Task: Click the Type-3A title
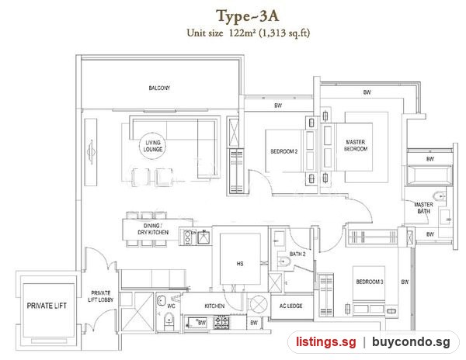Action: tap(247, 16)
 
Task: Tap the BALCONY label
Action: tap(159, 88)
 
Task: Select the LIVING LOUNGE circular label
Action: tap(153, 146)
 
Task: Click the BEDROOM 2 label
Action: tap(283, 151)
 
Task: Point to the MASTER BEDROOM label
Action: tap(356, 145)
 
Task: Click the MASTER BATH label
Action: tap(423, 208)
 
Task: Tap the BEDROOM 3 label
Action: tap(370, 282)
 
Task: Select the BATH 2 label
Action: tap(297, 254)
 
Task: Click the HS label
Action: tap(240, 264)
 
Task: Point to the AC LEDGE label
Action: tap(290, 306)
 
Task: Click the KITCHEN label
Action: tap(214, 306)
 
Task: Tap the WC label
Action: tap(171, 306)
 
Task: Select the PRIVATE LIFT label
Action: tap(47, 306)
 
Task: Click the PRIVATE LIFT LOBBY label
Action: tap(100, 296)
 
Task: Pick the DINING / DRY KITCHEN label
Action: tap(153, 229)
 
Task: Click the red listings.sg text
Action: tap(325, 341)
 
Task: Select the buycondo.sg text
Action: tap(411, 342)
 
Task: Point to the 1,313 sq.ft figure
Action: tap(284, 33)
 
